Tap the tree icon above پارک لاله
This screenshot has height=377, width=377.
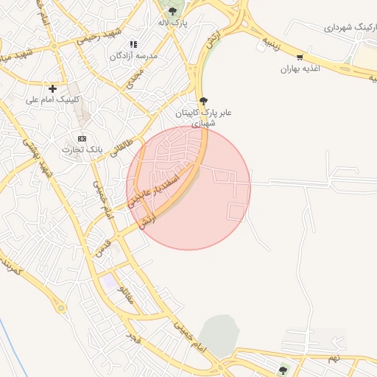pos(172,11)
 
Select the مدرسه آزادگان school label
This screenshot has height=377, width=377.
pos(133,56)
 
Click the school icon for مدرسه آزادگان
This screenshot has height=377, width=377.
pos(133,44)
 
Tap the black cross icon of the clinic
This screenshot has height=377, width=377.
pos(52,88)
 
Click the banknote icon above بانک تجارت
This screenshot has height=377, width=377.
pos(82,138)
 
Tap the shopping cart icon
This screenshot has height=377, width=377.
pos(299,57)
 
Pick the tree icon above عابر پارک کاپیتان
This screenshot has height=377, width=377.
pos(203,101)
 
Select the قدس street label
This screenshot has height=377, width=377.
pos(102,247)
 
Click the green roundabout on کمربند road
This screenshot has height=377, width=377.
pos(283,369)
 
